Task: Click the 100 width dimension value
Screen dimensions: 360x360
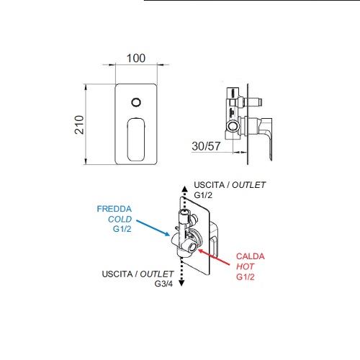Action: (136, 58)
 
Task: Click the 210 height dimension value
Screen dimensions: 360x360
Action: (79, 125)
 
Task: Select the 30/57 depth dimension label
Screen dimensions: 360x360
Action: (206, 146)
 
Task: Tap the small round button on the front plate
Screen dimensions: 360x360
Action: (136, 102)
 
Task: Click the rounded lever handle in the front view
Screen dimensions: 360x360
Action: (136, 139)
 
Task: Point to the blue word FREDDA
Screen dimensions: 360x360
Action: (114, 209)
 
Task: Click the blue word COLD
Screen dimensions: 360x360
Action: (120, 219)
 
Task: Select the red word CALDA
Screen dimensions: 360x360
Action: (251, 256)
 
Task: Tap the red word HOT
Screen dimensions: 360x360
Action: (245, 266)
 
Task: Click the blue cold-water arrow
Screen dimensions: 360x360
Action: (153, 228)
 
